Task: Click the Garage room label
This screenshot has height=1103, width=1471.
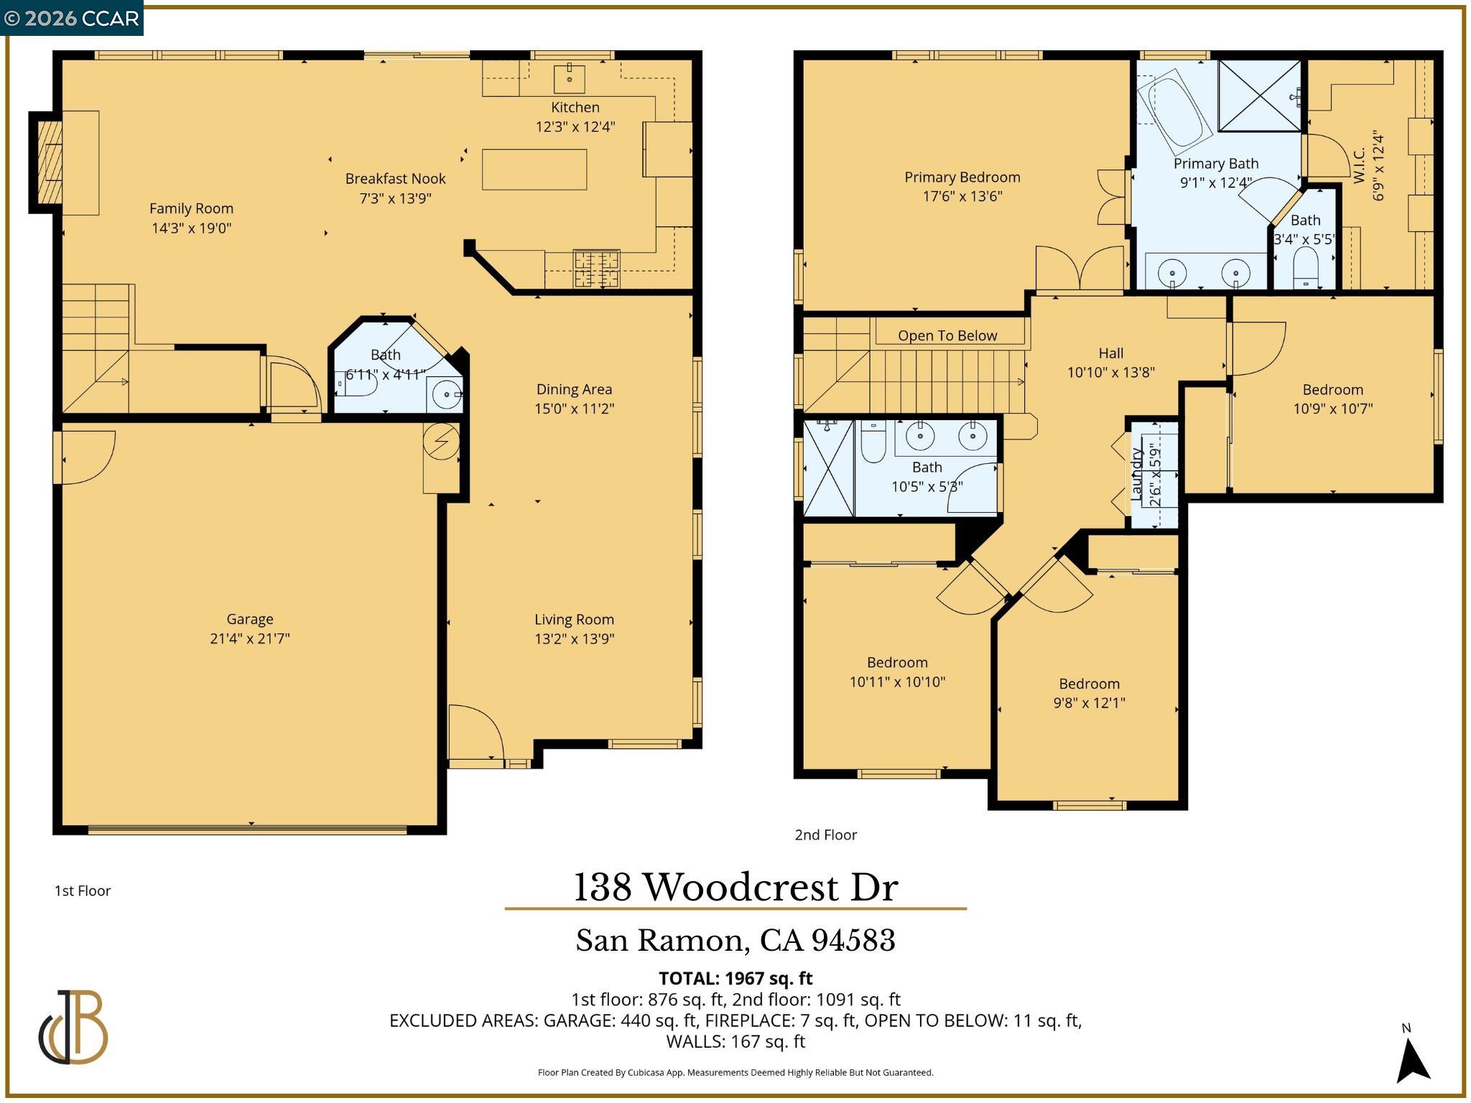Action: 249,619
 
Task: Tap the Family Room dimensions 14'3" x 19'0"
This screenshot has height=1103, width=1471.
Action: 191,228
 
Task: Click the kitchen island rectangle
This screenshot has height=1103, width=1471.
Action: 534,169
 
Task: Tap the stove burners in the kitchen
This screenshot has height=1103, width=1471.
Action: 596,269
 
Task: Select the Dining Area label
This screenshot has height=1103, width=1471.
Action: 574,389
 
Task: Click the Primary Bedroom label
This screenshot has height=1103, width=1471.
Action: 962,177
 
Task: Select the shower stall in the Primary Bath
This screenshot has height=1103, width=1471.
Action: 1259,96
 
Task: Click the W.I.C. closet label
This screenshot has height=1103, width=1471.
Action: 1358,166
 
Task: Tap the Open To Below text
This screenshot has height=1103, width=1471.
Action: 947,335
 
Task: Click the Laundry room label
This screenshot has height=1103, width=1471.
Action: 1136,474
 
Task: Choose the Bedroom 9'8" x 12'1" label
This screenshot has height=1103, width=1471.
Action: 1089,684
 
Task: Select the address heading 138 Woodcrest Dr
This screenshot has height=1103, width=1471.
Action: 735,888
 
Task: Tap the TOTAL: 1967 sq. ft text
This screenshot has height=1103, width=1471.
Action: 735,978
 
